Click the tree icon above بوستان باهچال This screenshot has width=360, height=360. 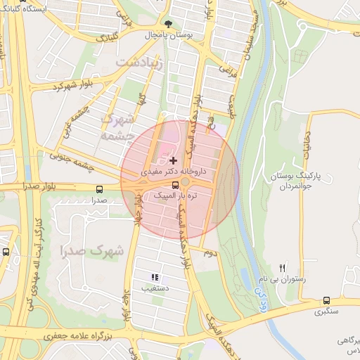[167, 23]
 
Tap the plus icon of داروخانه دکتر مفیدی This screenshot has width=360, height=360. [173, 161]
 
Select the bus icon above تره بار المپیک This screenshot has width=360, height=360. [175, 186]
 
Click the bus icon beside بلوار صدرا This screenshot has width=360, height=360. [98, 188]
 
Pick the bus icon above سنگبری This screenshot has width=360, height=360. [326, 300]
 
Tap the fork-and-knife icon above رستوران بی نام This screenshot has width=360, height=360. [283, 268]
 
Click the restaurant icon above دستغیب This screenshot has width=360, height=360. [155, 278]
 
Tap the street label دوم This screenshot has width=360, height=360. [207, 251]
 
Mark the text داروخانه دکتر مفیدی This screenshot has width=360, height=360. [163, 172]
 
